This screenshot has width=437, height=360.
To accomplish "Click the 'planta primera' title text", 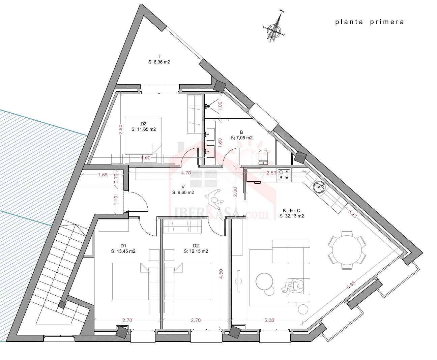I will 370,22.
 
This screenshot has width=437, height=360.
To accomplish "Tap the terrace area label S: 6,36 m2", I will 159,62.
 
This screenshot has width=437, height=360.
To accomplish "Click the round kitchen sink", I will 319,186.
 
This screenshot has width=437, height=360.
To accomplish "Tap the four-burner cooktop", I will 284,175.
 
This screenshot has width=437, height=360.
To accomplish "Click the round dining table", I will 347,250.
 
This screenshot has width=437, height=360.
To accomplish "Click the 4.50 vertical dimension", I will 221,273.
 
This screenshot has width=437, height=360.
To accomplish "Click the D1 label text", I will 123,245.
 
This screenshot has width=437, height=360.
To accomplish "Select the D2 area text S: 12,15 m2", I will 196,251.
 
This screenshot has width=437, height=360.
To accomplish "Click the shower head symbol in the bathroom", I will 208,106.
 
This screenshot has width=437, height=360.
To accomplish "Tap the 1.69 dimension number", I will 103,175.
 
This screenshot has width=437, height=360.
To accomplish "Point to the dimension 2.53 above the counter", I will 271,173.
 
